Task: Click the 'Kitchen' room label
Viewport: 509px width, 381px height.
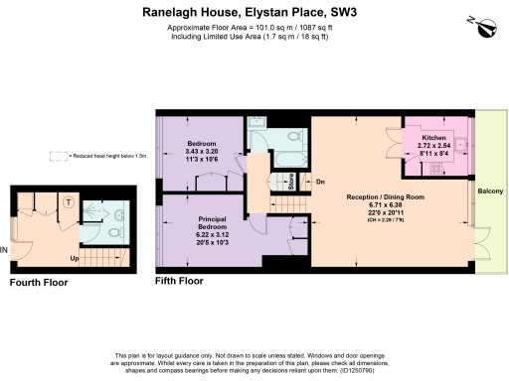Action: tap(433, 136)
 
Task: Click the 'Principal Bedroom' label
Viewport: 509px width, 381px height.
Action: tap(213, 222)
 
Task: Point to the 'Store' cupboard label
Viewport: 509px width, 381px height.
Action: tap(289, 181)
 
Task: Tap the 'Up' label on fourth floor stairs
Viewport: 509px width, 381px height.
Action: tap(75, 259)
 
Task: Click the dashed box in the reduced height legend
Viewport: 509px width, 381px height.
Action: tap(58, 156)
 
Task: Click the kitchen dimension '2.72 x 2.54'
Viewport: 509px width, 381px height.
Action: tap(433, 145)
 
